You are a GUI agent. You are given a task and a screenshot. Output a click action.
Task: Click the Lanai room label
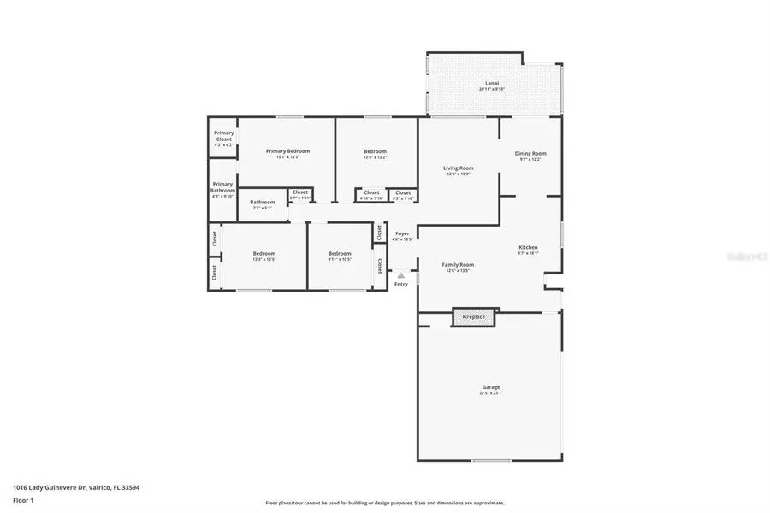[x=492, y=83]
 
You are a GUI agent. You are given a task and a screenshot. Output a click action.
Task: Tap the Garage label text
[x=490, y=386]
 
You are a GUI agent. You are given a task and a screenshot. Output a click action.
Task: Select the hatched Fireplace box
[x=474, y=317]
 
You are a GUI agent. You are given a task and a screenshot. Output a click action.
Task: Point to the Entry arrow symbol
[x=400, y=275]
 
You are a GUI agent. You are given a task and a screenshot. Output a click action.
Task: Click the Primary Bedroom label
[x=287, y=151]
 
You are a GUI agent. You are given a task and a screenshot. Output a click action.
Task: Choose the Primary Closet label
[x=223, y=135]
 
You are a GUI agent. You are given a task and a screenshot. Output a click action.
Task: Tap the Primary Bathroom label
[x=222, y=186]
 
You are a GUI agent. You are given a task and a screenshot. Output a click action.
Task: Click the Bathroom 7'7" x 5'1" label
[x=263, y=203]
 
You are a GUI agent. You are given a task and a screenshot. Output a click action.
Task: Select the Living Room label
[x=459, y=168]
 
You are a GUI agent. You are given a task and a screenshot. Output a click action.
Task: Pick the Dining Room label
[x=530, y=154]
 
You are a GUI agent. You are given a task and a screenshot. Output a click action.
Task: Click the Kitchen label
[x=528, y=248]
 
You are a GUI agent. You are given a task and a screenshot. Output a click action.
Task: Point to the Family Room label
[x=458, y=265]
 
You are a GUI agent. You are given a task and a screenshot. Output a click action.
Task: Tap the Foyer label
[x=402, y=233]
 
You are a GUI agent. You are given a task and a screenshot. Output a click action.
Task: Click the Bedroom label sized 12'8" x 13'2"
[x=376, y=152]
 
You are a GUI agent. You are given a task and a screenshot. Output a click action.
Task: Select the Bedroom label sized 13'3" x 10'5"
[x=264, y=253]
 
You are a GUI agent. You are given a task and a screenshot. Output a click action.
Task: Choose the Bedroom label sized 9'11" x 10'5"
[x=340, y=253]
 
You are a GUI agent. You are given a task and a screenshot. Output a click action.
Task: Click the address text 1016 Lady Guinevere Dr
[x=75, y=487]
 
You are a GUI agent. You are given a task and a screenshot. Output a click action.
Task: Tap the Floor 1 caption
[x=22, y=500]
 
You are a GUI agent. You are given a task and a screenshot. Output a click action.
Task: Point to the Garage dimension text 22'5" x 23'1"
[x=490, y=393]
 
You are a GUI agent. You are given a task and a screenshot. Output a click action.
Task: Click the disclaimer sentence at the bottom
[x=384, y=503]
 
